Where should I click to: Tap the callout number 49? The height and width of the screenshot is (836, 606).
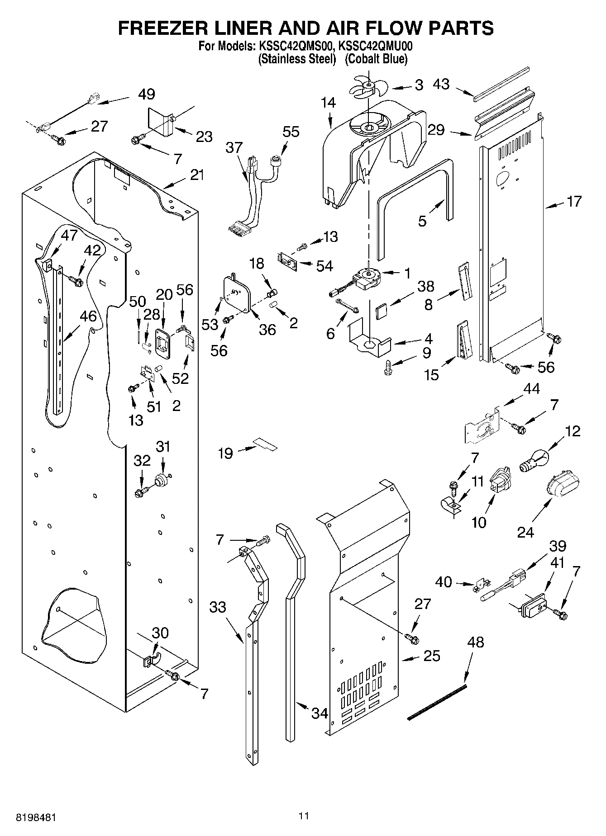coord(146,94)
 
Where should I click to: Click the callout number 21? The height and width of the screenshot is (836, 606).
coord(197,175)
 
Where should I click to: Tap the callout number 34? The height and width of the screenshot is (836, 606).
coord(320,714)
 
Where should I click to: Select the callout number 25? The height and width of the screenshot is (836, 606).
coord(431,656)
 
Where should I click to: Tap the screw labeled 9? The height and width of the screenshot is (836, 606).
coord(387,367)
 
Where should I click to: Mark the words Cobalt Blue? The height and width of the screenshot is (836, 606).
coord(376,59)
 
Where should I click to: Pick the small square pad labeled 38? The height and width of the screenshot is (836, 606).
coord(382,312)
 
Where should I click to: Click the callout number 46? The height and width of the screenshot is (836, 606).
coord(88,316)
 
